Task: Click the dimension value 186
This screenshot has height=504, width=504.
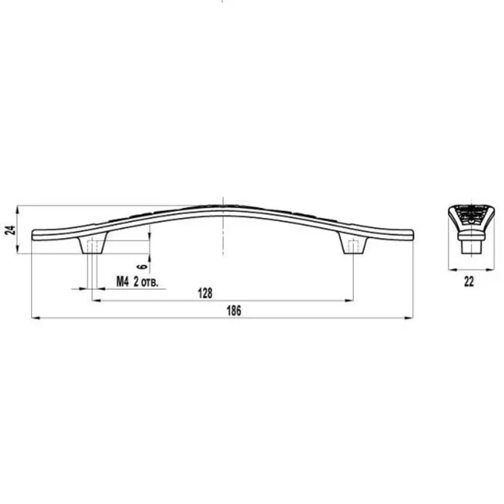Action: click(x=234, y=311)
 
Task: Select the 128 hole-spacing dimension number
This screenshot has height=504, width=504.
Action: click(x=205, y=293)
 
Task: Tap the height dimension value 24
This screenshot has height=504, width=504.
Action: click(x=11, y=230)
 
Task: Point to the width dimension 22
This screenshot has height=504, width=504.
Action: click(x=469, y=282)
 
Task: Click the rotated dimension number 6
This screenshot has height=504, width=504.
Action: click(x=143, y=266)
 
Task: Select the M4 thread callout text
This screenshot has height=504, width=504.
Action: click(x=122, y=282)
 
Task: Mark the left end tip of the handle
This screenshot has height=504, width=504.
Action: click(x=32, y=235)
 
